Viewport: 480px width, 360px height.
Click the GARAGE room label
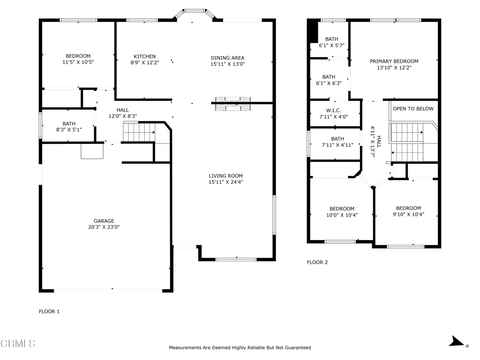(104, 221)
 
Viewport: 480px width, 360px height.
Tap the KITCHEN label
(144, 56)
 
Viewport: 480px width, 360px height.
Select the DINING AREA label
(227, 58)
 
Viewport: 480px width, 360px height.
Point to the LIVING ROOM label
(225, 176)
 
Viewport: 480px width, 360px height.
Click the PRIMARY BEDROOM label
(394, 61)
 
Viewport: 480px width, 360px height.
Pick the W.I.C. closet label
(333, 111)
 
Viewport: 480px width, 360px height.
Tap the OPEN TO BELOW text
(413, 109)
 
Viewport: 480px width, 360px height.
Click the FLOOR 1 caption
(49, 311)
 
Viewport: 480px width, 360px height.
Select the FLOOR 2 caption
(317, 262)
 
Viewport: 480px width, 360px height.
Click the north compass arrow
(457, 342)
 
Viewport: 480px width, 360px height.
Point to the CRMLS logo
(18, 343)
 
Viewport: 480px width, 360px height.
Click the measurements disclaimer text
(240, 347)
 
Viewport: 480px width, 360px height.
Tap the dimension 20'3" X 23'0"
(104, 227)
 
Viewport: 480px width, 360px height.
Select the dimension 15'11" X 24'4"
(225, 182)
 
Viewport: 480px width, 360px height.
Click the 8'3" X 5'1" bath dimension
(69, 130)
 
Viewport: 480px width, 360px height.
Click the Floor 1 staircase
(139, 132)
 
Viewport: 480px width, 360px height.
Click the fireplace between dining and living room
(233, 104)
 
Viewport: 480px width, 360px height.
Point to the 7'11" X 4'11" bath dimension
(337, 145)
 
